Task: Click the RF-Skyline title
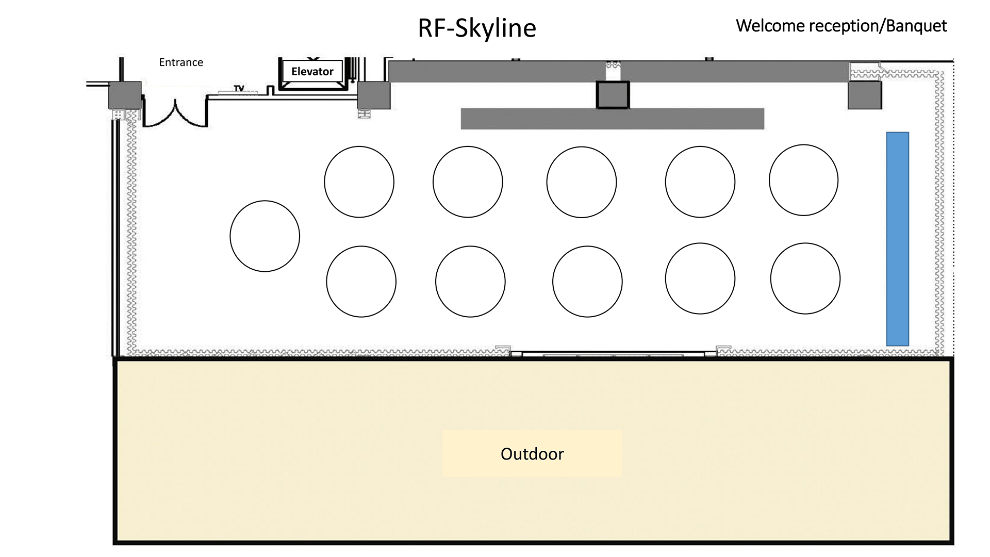coord(477,28)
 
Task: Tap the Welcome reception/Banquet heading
coord(841,26)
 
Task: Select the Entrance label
coord(181,62)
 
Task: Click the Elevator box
coord(312,72)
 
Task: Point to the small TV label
coord(239,89)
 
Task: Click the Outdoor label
coord(532,454)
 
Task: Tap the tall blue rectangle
coord(898,239)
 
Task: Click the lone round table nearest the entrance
coord(265,236)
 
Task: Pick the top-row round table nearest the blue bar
coord(803,180)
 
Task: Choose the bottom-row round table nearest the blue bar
coord(805,278)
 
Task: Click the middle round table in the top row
coord(582,182)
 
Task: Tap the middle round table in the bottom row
coord(587,282)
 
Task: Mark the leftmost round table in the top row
coord(359,182)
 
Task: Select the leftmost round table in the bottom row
coord(361,282)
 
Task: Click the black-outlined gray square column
coord(613,95)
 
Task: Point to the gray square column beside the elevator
coord(374,95)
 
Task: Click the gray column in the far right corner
coord(865,95)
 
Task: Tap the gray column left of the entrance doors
coord(125,95)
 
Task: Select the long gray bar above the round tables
coord(613,119)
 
